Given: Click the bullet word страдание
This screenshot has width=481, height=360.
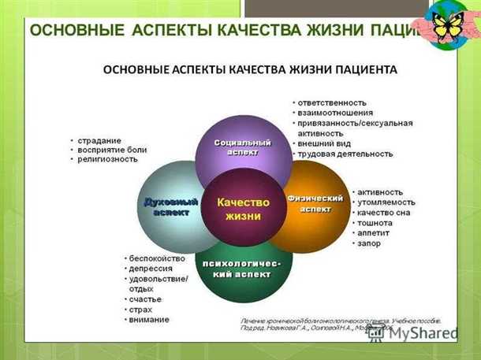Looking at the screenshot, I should (101, 139).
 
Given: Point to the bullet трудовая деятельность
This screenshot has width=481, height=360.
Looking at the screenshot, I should (345, 154).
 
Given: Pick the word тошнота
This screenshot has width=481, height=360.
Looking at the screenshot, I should (375, 223).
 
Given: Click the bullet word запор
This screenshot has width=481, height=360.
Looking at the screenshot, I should (369, 243).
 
